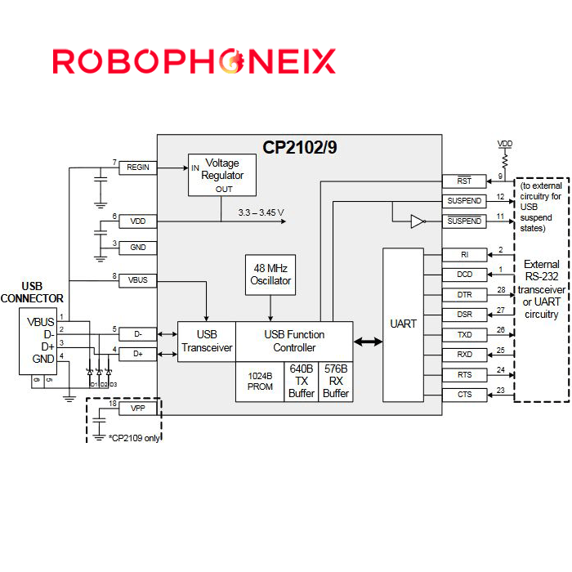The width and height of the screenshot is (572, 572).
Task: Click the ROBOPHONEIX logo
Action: click(x=194, y=61)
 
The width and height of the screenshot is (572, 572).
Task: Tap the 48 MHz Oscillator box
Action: click(x=270, y=275)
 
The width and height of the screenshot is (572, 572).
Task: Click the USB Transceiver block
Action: click(x=207, y=341)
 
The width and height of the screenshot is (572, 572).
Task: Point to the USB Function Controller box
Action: click(x=294, y=341)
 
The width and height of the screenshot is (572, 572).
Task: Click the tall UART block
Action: click(x=403, y=324)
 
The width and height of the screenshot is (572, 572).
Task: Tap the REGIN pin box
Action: click(x=138, y=168)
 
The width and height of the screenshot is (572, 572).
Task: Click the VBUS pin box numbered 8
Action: click(x=138, y=280)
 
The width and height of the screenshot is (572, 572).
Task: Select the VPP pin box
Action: click(x=138, y=408)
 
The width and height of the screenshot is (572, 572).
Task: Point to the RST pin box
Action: click(x=464, y=181)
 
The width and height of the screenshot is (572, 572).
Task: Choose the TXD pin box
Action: click(x=464, y=335)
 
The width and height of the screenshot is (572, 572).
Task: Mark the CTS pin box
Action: click(x=464, y=395)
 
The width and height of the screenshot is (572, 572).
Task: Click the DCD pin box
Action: click(x=464, y=275)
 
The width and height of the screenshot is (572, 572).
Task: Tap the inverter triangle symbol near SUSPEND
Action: click(x=418, y=221)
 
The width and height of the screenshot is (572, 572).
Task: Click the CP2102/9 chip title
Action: click(x=299, y=147)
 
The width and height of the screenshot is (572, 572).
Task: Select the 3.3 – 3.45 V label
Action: click(x=261, y=213)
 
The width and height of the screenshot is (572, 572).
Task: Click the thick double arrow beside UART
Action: click(x=368, y=342)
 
